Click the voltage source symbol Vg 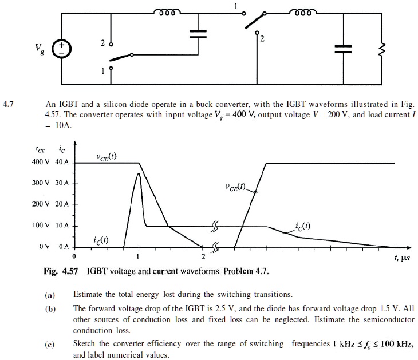tap(62, 49)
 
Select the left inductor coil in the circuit tap(167, 12)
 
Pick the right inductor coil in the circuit tap(303, 12)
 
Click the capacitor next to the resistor tap(343, 49)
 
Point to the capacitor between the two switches tap(198, 34)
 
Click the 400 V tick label tap(41, 162)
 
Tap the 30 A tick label tap(62, 183)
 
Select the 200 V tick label tap(41, 204)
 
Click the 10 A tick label tap(62, 226)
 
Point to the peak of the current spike tap(139, 173)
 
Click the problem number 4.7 tap(8, 104)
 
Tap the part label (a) tap(50, 295)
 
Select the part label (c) tap(50, 345)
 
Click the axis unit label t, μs tap(402, 258)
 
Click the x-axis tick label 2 tap(203, 256)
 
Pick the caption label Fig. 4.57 tap(61, 271)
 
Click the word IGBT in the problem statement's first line tap(69, 104)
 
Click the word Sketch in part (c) tap(84, 343)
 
